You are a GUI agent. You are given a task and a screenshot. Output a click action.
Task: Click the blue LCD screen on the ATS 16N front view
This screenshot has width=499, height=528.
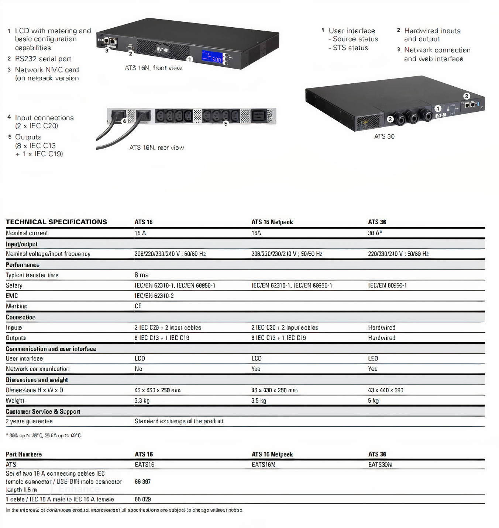click(212, 56)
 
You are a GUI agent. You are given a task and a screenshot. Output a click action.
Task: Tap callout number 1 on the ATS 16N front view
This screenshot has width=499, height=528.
click(190, 59)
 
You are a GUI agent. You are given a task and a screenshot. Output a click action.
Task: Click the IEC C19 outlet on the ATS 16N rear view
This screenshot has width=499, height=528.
click(258, 116)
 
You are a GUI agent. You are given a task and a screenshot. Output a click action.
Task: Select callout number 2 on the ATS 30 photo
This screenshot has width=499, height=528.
click(390, 119)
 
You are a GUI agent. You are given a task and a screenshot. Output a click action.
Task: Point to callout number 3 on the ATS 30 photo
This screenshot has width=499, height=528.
click(467, 96)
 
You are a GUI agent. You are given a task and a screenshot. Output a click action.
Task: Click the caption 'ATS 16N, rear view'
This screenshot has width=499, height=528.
click(156, 147)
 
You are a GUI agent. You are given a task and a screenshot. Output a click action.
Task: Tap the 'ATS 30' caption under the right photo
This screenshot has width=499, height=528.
click(384, 136)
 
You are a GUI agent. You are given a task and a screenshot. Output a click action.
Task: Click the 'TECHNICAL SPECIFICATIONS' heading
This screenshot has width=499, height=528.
click(56, 222)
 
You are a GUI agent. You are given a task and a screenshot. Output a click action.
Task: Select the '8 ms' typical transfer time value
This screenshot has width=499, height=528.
click(141, 275)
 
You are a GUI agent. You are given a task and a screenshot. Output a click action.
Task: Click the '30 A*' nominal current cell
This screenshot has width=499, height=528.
click(375, 233)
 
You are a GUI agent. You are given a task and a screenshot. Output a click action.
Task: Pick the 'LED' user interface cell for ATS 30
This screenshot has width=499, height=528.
click(373, 358)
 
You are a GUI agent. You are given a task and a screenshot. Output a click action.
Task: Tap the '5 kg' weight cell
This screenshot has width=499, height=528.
click(373, 400)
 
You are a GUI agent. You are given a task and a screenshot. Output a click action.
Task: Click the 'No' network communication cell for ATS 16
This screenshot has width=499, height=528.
click(138, 369)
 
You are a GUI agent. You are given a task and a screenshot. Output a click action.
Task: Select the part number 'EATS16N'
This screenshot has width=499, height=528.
click(263, 465)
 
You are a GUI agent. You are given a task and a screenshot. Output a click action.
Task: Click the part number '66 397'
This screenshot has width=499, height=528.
click(142, 482)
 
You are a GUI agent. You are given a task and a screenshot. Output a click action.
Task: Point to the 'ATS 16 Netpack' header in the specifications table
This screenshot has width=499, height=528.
click(272, 222)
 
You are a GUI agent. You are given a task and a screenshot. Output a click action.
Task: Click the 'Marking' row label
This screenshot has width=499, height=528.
click(17, 306)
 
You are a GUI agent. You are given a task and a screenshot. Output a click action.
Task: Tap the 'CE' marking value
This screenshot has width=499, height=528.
click(138, 306)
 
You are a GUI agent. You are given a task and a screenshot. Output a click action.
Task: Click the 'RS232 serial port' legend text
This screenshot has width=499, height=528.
click(43, 59)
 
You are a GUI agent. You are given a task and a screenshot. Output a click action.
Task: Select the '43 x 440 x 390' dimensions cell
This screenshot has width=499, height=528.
click(385, 390)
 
